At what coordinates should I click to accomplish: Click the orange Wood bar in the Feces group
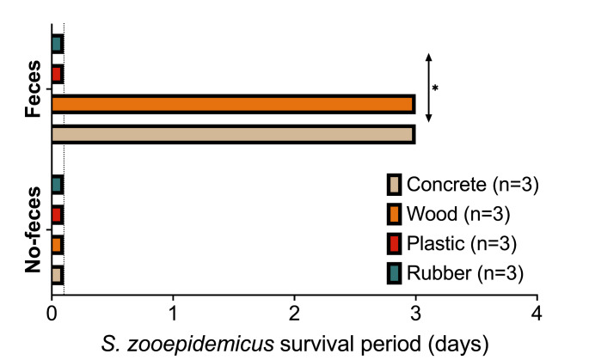[232, 104]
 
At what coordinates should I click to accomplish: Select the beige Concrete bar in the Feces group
[232, 134]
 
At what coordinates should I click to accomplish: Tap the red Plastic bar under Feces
[57, 74]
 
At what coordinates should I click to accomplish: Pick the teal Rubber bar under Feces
[57, 44]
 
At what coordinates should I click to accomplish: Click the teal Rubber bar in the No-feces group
[57, 185]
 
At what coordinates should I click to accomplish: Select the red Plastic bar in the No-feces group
[57, 214]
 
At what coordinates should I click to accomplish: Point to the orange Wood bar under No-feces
[57, 245]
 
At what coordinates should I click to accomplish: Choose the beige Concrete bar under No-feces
[57, 275]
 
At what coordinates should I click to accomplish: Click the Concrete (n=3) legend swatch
[394, 184]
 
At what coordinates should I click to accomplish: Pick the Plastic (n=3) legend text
[461, 243]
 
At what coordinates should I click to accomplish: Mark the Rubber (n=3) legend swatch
[394, 273]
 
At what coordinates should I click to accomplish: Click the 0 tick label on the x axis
[52, 310]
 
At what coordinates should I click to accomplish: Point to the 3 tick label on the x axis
[415, 310]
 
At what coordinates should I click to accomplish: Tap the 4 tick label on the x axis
[537, 310]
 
